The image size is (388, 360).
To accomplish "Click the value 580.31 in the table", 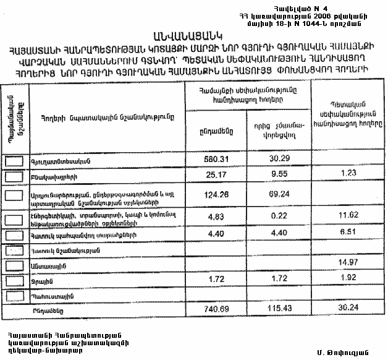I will [x=217, y=159].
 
